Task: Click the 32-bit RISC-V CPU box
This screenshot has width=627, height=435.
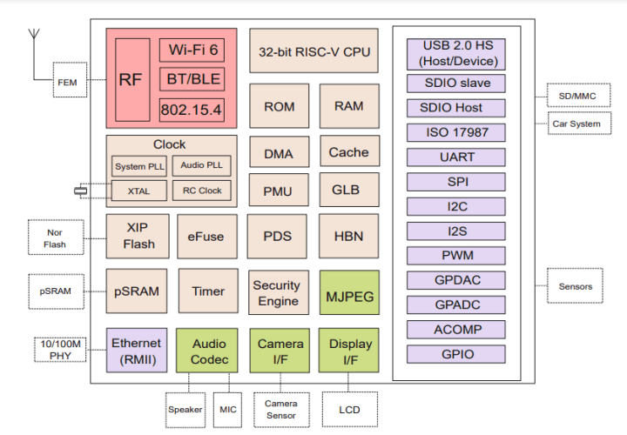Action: coord(314,51)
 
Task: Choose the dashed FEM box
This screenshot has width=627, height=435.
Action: coord(67,83)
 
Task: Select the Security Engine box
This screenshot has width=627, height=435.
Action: coord(276,293)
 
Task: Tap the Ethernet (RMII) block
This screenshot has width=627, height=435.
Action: coord(136,351)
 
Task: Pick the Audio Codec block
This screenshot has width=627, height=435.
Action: coord(209,351)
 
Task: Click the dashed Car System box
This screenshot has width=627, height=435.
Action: coord(576,124)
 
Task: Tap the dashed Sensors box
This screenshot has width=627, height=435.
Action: coord(576,286)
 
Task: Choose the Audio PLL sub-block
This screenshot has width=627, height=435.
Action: coord(201,165)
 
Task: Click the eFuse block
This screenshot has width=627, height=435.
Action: coord(206,237)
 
